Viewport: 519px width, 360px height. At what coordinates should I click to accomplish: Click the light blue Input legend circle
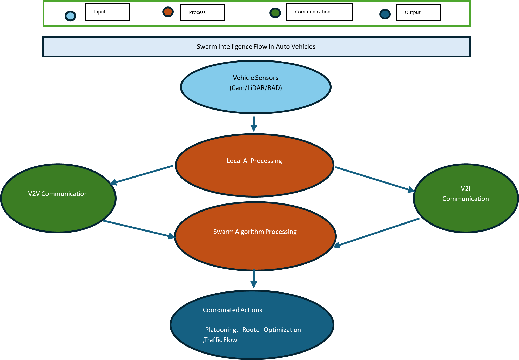pos(70,16)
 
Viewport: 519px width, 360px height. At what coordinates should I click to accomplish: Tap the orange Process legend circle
pos(168,12)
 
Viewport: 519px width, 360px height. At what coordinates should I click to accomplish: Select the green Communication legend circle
pos(275,13)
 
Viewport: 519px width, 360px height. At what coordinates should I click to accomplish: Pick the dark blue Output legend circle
pos(385,14)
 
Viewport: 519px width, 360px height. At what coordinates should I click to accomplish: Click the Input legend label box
pos(107,12)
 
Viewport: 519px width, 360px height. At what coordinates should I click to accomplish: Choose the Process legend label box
pos(202,12)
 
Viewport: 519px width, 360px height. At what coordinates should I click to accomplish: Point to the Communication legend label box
pos(319,12)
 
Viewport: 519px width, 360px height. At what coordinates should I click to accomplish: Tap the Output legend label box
pos(418,12)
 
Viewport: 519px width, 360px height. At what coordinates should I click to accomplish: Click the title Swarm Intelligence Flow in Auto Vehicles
pos(256,47)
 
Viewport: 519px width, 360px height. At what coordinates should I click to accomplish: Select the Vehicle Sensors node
pos(256,87)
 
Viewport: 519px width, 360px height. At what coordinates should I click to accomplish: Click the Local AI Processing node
pos(254,165)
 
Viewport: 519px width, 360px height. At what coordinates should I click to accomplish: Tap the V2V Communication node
pos(58,198)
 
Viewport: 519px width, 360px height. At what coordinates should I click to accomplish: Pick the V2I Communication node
pos(466,198)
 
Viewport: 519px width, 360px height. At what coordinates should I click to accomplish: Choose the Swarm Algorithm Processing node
pos(255,236)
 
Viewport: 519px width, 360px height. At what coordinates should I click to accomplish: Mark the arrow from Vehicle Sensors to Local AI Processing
pos(254,124)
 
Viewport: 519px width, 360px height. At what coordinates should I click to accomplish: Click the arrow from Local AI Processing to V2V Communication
pos(141,175)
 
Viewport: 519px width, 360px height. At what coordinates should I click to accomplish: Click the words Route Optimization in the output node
pos(271,330)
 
